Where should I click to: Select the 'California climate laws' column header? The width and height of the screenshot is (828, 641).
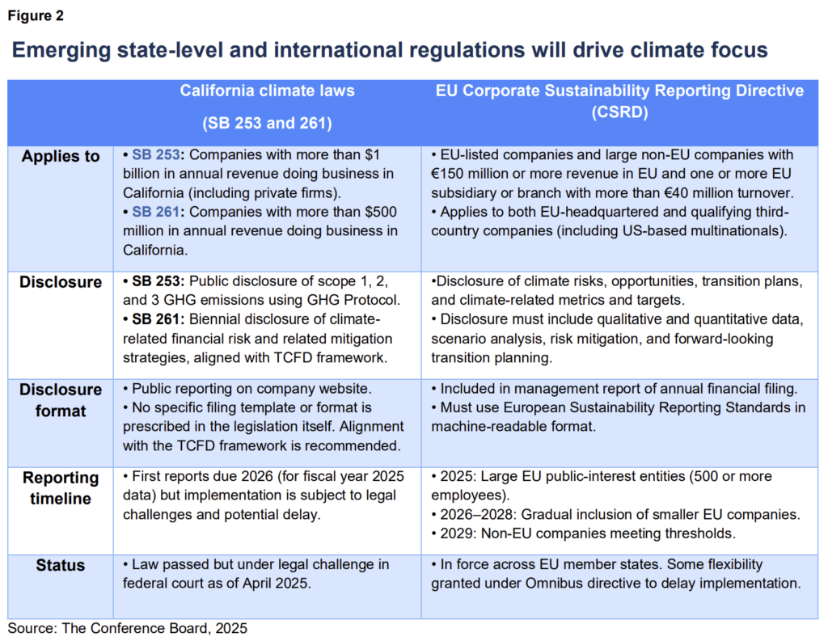[x=267, y=91]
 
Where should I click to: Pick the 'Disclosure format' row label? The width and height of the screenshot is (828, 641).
[x=61, y=400]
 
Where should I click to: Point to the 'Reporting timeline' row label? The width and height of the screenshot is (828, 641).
[x=61, y=487]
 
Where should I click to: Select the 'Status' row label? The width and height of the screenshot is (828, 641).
[x=61, y=565]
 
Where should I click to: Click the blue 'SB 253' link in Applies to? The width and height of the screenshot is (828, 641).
[x=153, y=154]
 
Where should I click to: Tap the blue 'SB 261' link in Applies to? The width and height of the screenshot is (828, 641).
[x=153, y=213]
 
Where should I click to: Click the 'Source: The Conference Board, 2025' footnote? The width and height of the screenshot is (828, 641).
[x=128, y=627]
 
